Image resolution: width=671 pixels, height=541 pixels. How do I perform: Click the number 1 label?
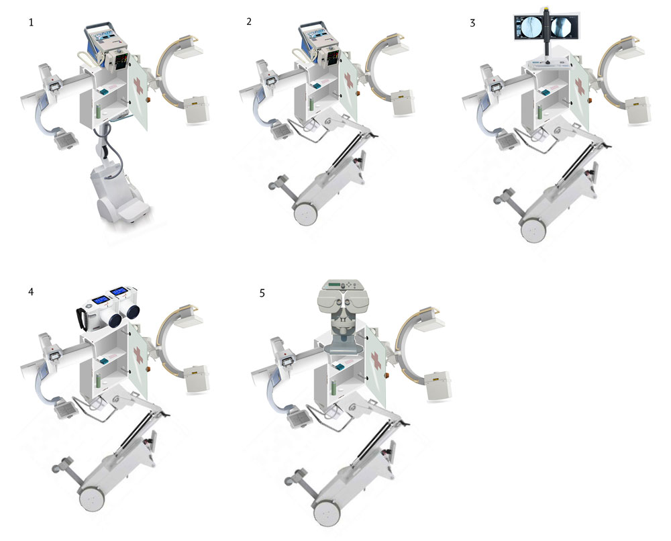[31, 22]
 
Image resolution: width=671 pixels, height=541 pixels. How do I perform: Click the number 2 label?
[249, 21]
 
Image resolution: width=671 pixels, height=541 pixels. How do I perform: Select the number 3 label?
[472, 23]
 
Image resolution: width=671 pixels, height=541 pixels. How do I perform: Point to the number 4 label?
[31, 291]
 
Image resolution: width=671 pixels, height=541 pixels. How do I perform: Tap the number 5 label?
[262, 293]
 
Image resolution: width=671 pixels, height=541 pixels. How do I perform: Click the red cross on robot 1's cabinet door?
[139, 87]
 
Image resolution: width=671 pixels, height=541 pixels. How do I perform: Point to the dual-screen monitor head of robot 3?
[548, 27]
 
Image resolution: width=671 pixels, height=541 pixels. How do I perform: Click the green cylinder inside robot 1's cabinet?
[98, 111]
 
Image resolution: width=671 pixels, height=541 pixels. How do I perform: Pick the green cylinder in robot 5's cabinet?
[333, 387]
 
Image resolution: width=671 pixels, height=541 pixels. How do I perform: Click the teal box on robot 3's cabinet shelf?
[544, 91]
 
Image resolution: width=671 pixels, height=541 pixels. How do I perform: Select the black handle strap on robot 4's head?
[79, 319]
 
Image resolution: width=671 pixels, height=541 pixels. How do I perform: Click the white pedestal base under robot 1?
[117, 195]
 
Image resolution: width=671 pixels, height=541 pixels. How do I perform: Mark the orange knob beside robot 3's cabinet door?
[589, 101]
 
